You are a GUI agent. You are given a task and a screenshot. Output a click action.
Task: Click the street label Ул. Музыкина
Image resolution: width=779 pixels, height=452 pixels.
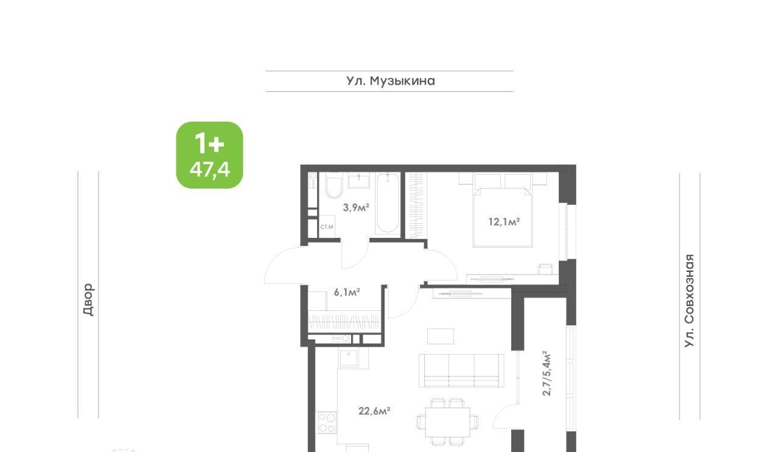390,81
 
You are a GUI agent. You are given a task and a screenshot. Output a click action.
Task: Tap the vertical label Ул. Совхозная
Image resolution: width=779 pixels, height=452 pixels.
689,301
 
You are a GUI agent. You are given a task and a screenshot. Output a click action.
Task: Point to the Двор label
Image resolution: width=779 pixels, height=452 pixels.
88,299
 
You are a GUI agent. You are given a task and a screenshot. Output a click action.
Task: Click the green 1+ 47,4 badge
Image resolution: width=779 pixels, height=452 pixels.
210,155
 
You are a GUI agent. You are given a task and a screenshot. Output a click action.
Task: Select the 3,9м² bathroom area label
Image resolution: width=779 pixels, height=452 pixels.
356,207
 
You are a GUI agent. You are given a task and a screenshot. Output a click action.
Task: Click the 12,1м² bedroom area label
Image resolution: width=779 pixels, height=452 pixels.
504,221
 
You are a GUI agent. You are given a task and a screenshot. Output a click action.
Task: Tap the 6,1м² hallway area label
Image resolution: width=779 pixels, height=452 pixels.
347,292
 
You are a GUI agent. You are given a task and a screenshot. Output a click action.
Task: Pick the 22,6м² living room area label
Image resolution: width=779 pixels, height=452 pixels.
374,411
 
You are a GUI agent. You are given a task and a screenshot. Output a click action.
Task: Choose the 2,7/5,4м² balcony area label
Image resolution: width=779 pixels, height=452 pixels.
547,374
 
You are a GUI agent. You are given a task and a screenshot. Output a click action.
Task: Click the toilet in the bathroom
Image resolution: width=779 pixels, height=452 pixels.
335,186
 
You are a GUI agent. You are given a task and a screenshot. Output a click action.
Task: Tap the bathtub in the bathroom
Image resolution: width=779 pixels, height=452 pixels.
388,203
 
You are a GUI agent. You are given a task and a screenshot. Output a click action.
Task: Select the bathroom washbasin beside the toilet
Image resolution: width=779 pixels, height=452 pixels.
359,181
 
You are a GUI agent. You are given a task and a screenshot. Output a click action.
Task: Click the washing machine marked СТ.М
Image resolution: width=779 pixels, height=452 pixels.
327,227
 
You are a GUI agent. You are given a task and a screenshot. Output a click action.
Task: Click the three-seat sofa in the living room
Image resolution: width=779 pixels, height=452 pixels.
461,370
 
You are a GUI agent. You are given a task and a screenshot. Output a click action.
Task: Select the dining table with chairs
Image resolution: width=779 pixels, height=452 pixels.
447,422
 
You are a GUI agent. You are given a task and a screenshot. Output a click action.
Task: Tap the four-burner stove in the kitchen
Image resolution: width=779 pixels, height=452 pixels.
327,422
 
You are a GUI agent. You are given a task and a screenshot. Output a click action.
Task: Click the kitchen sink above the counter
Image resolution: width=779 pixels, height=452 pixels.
348,358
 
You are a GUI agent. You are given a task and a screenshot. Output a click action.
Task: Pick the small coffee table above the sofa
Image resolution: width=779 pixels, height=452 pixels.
441,336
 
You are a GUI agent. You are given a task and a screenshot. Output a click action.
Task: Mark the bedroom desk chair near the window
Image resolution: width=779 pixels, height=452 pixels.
545,269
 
